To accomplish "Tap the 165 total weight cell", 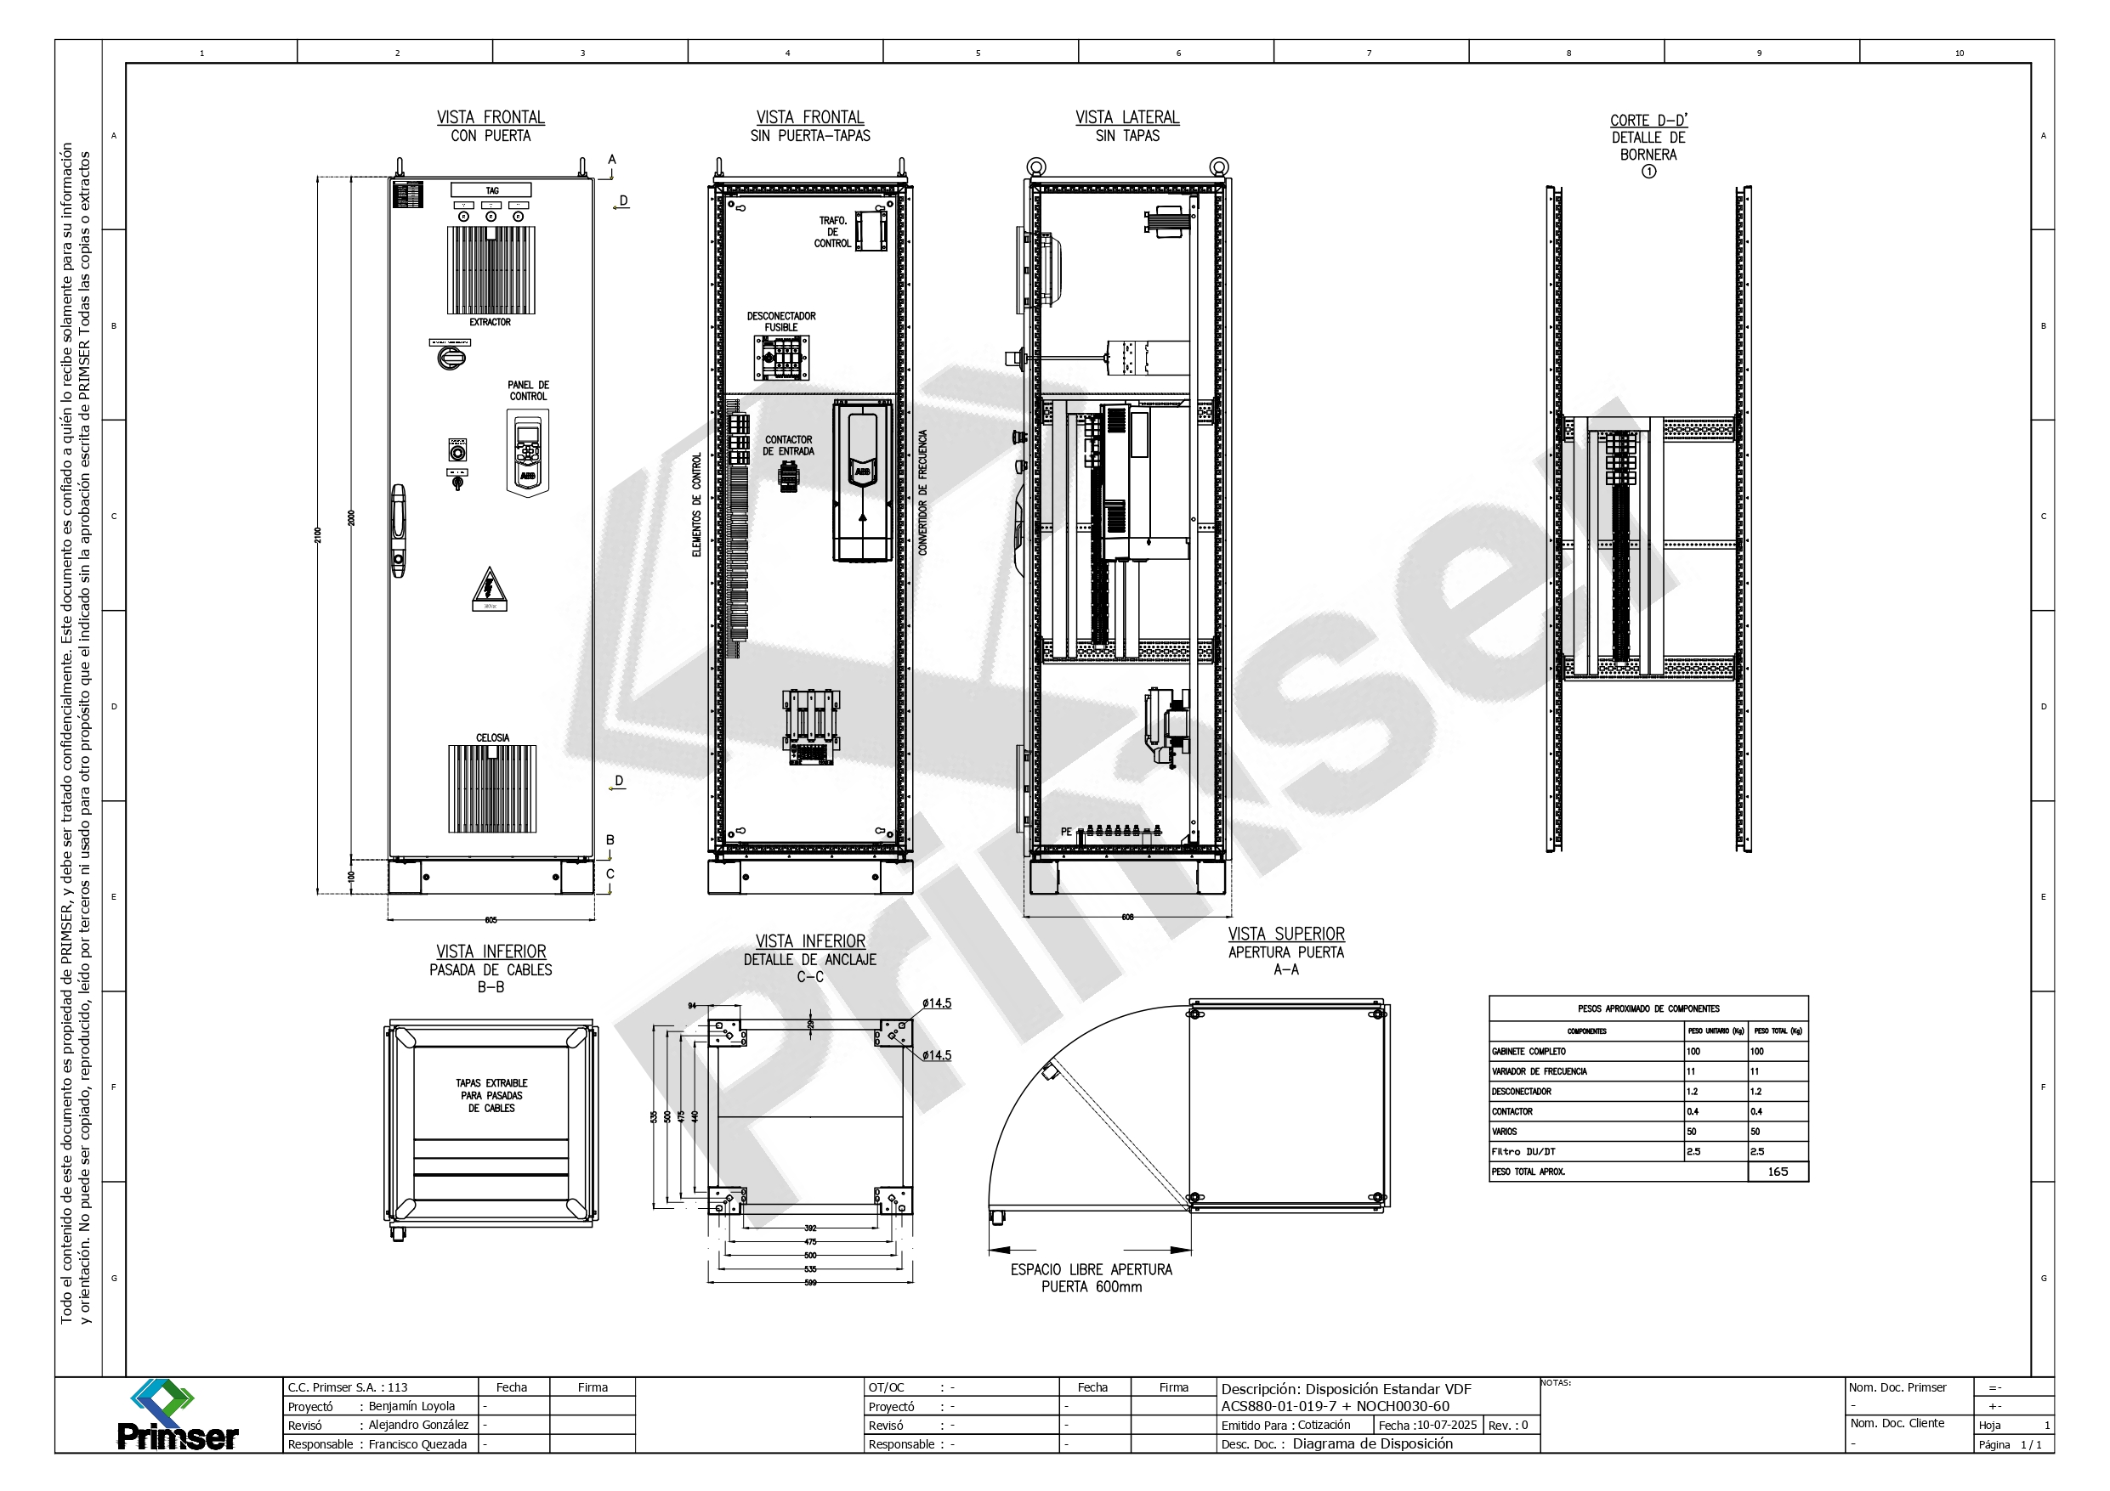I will click(1778, 1172).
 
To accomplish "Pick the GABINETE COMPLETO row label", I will click(1529, 1051).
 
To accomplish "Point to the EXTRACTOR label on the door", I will click(490, 323).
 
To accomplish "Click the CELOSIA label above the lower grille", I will click(492, 737).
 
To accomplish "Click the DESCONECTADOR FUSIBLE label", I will click(781, 321).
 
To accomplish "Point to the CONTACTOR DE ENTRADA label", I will click(789, 445).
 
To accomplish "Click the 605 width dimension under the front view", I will click(491, 919).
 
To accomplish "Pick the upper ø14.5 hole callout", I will click(937, 1003).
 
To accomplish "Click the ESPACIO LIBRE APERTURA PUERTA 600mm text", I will click(1091, 1278).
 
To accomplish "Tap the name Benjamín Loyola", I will click(411, 1407).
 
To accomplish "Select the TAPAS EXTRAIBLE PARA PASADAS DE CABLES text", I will click(491, 1096).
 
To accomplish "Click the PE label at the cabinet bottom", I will click(1066, 832).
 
